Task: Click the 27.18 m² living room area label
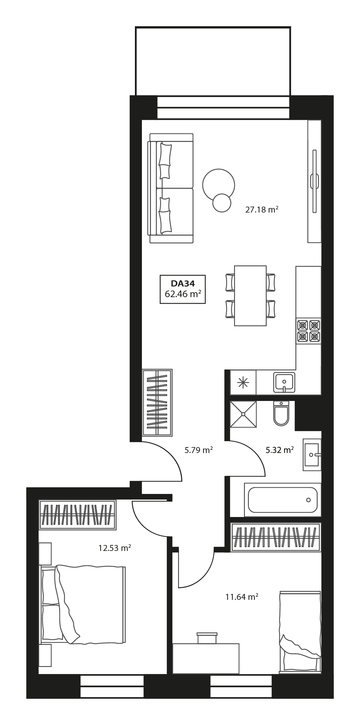(x=261, y=210)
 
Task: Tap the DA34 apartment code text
(x=182, y=283)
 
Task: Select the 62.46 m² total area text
(x=182, y=294)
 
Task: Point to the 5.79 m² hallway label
(x=199, y=450)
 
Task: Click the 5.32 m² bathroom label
(x=280, y=450)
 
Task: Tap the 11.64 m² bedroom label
(x=242, y=597)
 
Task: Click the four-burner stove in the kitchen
(x=309, y=331)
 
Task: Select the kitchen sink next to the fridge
(x=284, y=382)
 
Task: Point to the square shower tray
(x=243, y=414)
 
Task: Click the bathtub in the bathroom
(x=282, y=500)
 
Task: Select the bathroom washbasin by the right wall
(x=312, y=455)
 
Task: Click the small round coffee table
(x=222, y=203)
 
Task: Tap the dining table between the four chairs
(x=250, y=296)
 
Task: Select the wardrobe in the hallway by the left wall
(x=157, y=402)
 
